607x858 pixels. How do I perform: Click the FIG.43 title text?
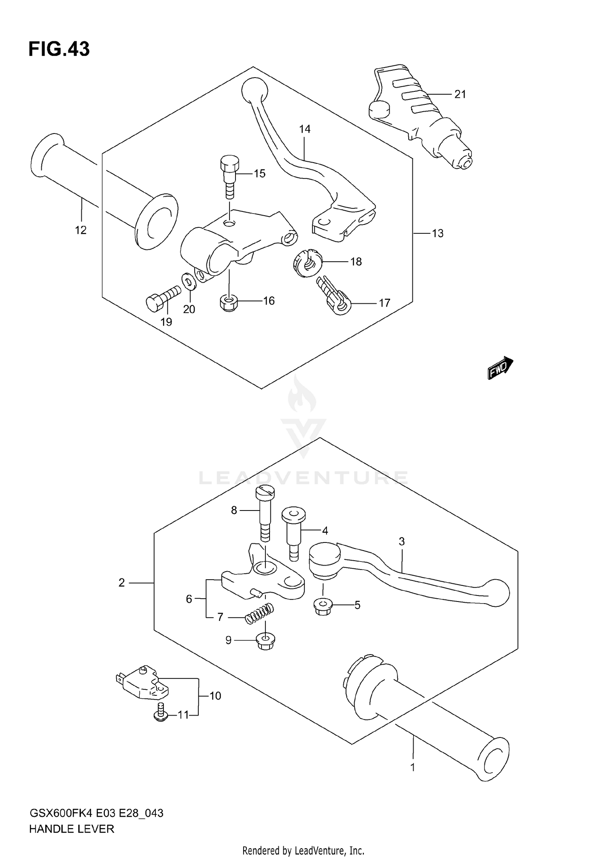coord(59,49)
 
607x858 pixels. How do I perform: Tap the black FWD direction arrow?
coord(500,368)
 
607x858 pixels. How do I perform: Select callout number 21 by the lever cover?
coord(460,94)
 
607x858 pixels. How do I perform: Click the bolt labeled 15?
coord(229,176)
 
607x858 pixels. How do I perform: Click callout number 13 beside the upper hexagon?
coord(437,233)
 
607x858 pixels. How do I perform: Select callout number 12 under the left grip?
coord(81,230)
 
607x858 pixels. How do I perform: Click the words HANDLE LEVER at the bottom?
coord(72,829)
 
